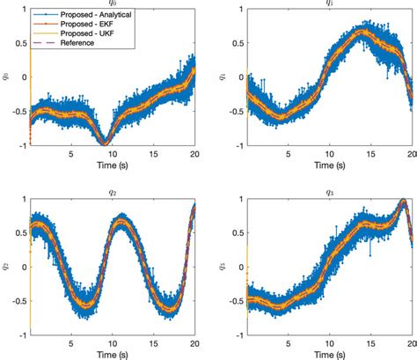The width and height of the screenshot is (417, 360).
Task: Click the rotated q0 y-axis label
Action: [x=7, y=76]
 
